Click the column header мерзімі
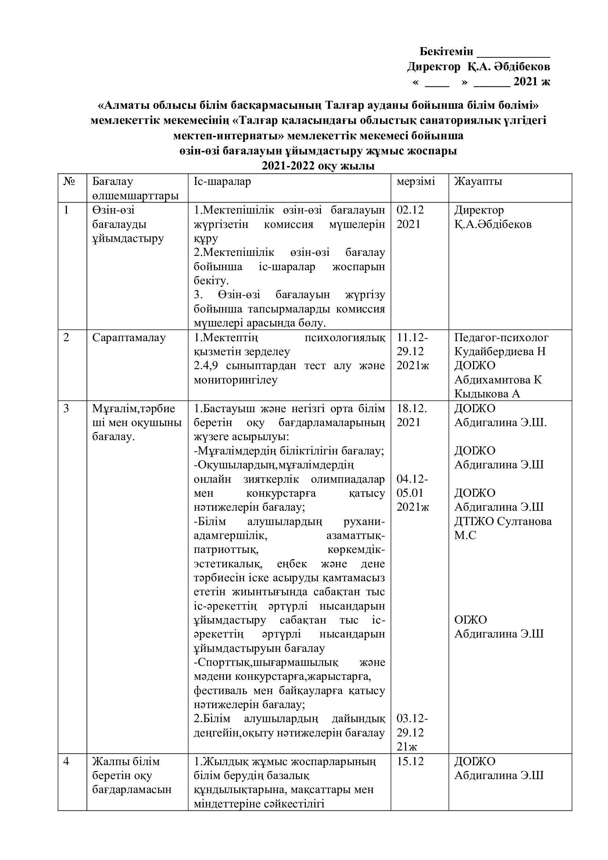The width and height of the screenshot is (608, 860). pos(416,182)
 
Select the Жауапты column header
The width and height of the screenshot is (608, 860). pos(478,182)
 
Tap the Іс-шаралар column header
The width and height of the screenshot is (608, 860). pos(222,182)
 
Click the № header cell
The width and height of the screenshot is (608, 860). pos(69,182)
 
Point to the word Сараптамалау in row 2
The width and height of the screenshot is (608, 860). pos(129,338)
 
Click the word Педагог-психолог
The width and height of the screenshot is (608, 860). pos(501,338)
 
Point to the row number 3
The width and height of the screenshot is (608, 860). pos(67,408)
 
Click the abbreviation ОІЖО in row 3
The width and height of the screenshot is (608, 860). pos(471,620)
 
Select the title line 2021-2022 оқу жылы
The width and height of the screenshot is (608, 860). pos(318,166)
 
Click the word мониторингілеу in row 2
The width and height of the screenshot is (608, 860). pos(236,380)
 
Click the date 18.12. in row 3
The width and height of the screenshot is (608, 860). pos(411,408)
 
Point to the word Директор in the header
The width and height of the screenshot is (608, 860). pos(433,67)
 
